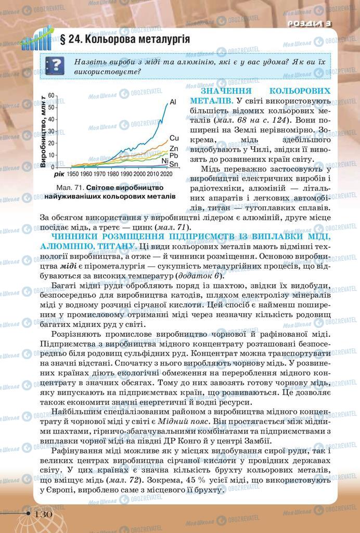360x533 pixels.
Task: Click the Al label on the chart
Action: click(173, 101)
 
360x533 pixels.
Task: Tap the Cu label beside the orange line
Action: click(174, 138)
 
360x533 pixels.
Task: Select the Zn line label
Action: click(174, 149)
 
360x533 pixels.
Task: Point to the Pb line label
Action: click(174, 156)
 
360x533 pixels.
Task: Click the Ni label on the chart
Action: click(165, 161)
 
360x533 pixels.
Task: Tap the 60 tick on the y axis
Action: click(51, 96)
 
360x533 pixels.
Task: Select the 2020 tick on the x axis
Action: click(166, 173)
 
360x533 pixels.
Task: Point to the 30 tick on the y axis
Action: click(51, 131)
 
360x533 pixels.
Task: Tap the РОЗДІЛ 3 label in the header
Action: click(310, 23)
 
